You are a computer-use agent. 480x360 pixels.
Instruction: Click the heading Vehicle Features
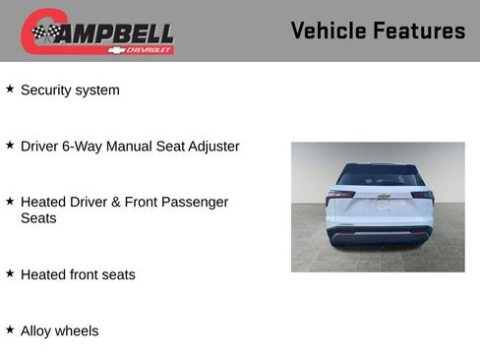(378, 30)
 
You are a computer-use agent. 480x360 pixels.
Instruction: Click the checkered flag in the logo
(45, 32)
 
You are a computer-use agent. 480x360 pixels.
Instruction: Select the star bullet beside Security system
(10, 89)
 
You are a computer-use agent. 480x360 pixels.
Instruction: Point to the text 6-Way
(86, 147)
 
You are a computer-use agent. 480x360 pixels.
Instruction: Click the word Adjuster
(209, 147)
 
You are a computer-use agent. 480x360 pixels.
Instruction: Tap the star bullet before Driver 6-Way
(10, 145)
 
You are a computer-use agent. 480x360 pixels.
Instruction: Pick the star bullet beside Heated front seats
(10, 272)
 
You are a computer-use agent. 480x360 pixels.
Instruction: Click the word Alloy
(35, 330)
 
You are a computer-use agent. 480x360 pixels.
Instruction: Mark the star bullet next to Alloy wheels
(10, 329)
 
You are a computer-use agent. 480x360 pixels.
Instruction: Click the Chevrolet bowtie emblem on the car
(384, 197)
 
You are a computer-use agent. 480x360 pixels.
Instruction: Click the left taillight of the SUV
(340, 195)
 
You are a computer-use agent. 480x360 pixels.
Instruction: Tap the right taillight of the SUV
(423, 195)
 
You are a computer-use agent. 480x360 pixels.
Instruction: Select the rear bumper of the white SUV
(382, 236)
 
